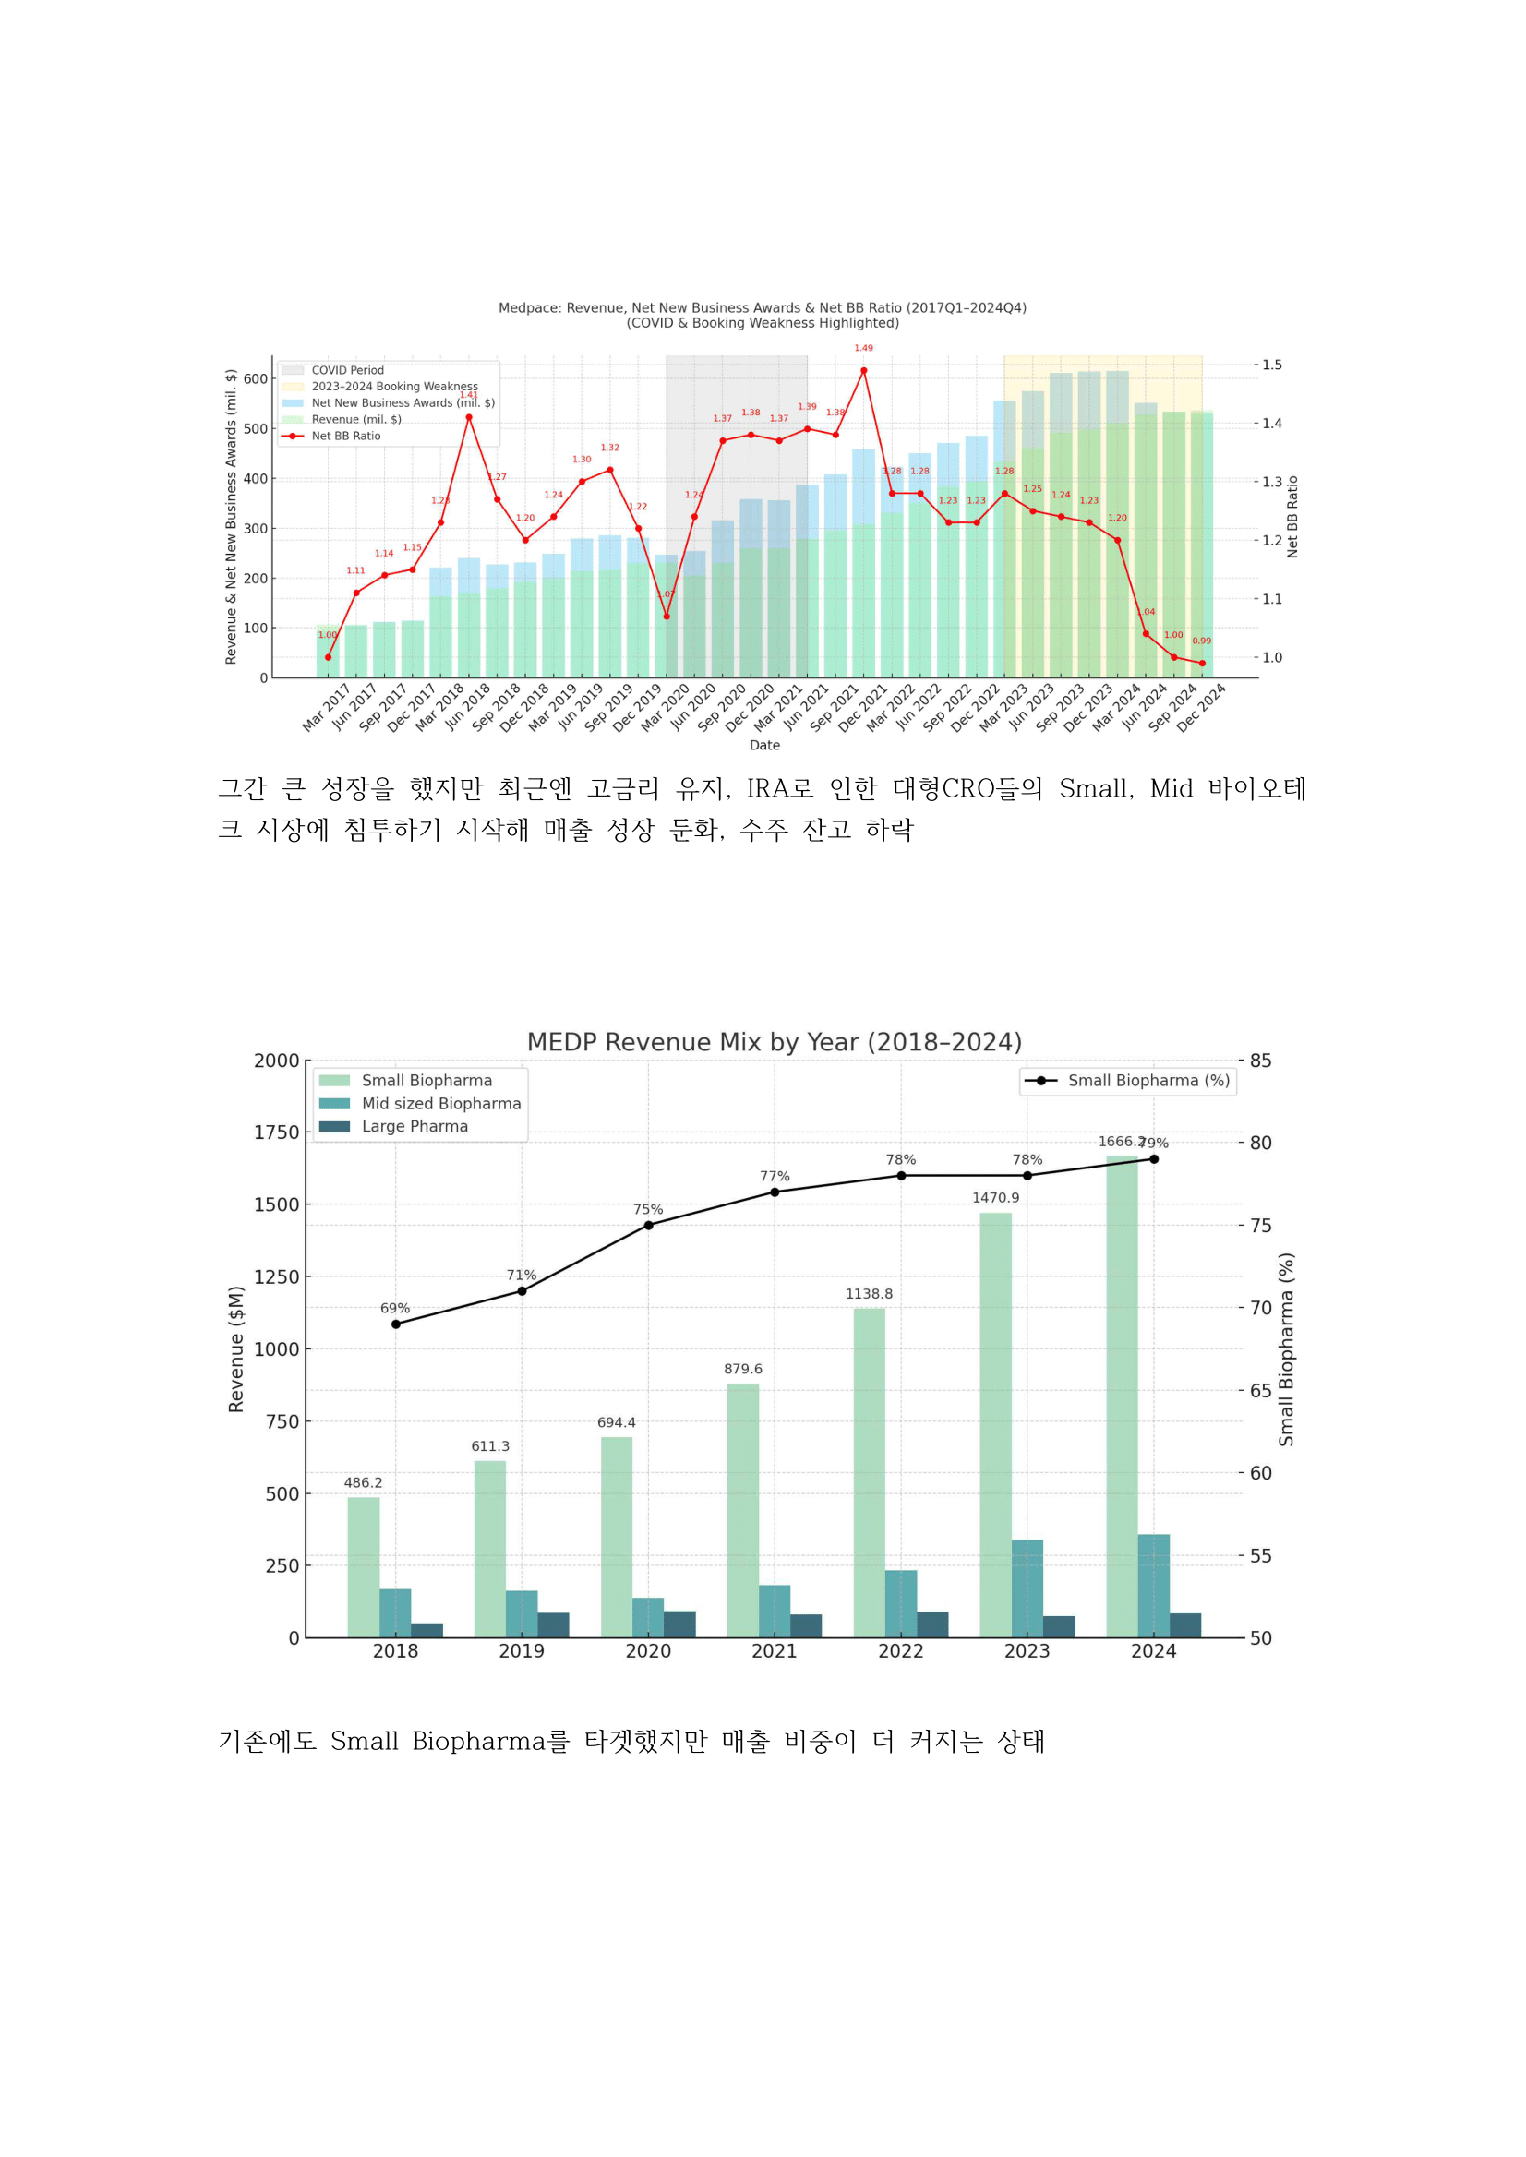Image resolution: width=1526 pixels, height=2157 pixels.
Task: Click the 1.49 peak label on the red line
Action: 863,349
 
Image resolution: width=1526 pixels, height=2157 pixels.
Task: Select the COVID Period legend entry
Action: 347,370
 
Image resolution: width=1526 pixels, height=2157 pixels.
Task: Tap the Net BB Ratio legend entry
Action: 346,436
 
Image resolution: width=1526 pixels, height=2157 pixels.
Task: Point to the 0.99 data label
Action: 1202,641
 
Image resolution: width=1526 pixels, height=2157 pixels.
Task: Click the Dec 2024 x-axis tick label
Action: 1202,707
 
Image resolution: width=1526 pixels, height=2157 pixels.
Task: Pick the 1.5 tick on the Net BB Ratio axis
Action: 1271,365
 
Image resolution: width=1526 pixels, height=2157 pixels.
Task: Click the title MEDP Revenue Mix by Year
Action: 775,1042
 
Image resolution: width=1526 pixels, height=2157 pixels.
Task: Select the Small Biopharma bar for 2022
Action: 870,1473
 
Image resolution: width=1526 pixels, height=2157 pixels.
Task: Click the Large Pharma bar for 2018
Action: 427,1630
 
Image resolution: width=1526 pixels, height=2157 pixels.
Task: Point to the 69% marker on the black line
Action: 396,1324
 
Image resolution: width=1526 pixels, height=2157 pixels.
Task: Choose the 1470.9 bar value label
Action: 996,1198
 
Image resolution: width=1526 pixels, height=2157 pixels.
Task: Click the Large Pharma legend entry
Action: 415,1126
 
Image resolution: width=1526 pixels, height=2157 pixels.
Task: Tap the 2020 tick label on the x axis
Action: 648,1650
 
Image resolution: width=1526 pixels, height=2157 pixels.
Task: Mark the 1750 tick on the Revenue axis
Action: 276,1133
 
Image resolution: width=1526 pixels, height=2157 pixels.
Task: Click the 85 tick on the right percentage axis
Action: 1261,1061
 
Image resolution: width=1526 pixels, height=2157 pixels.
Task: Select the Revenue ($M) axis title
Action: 235,1349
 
